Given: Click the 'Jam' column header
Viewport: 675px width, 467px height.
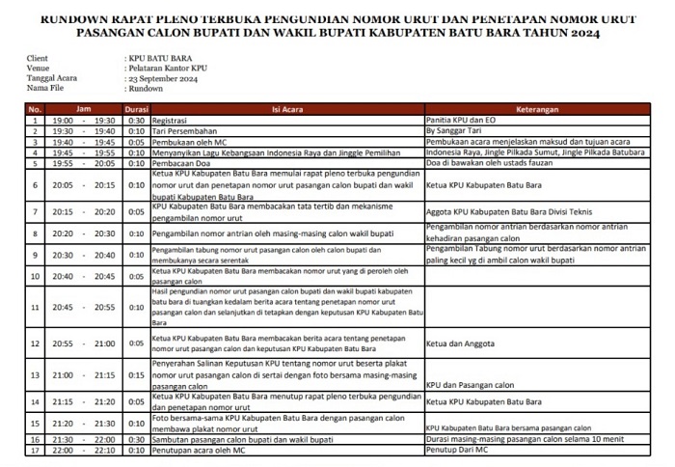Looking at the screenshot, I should [84, 109].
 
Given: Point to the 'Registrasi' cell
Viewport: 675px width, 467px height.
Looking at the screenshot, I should [172, 120].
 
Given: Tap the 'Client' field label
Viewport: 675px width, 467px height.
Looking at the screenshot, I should [39, 59].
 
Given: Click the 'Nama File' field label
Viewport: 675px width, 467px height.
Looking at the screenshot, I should [44, 87].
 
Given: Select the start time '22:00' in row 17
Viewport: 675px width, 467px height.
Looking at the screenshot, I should [63, 451].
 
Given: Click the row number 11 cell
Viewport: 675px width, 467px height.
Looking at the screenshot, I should [35, 307].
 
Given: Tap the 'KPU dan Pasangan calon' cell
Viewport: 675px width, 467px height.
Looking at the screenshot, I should [468, 384].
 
